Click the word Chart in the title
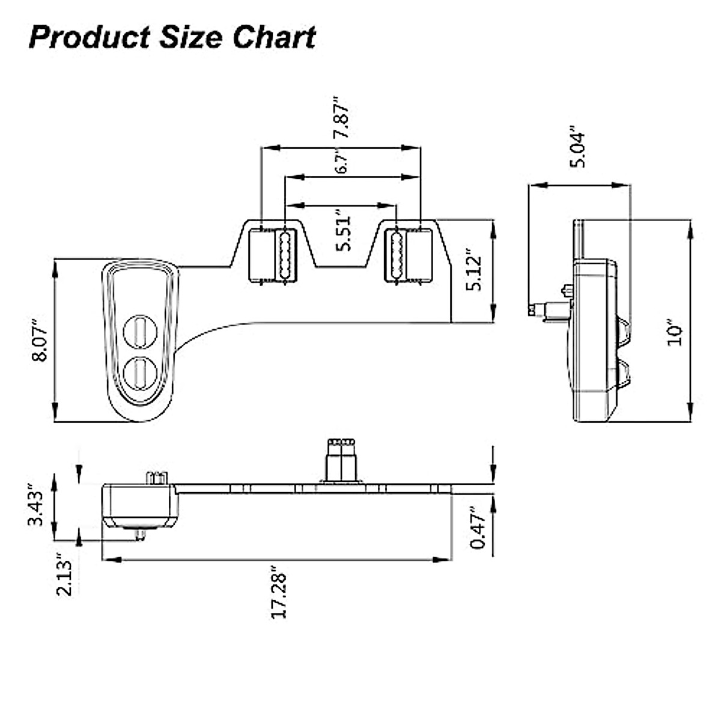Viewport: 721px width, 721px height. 274,37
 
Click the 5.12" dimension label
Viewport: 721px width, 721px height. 475,273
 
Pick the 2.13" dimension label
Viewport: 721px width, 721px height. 65,575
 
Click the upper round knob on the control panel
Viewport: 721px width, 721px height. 139,331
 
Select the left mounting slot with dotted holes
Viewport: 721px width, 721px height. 284,255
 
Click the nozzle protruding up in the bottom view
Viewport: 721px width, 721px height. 341,460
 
